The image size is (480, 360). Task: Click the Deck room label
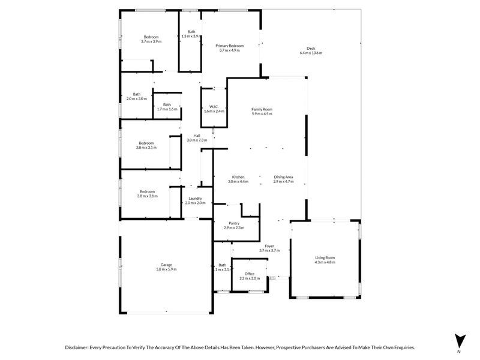pos(311,49)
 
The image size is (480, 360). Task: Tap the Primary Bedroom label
pos(230,46)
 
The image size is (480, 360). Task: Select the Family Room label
pos(262,109)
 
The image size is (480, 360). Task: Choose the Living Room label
pos(325,257)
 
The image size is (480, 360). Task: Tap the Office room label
pos(250,274)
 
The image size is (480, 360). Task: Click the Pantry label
pos(234,223)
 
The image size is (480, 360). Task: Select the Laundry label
pos(195,199)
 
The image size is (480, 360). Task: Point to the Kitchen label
pos(238,177)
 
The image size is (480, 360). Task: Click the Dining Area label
pos(283,177)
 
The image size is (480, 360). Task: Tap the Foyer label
pos(270,245)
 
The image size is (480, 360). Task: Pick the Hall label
pos(196,136)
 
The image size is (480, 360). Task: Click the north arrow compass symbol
pos(460,340)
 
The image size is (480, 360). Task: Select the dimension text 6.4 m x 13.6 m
pos(311,53)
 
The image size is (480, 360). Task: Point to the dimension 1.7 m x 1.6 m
pos(167,109)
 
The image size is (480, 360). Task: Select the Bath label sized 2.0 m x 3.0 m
pos(137,94)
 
